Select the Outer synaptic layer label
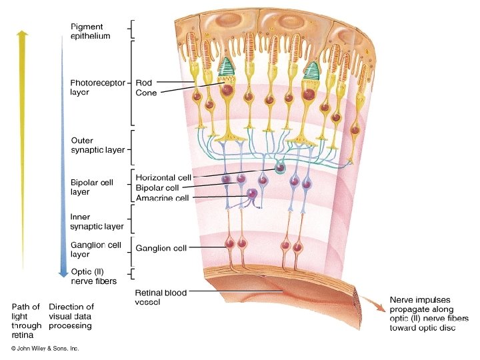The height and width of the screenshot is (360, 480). pyautogui.click(x=97, y=145)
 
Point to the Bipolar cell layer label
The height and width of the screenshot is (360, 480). pyautogui.click(x=89, y=187)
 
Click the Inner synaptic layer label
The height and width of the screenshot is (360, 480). pyautogui.click(x=97, y=221)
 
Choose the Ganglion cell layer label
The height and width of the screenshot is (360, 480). pyautogui.click(x=95, y=249)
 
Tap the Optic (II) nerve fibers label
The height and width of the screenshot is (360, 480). pyautogui.click(x=93, y=277)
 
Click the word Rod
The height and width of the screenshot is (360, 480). pyautogui.click(x=143, y=83)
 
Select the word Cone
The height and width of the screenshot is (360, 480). pyautogui.click(x=146, y=93)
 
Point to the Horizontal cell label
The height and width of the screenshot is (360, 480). pyautogui.click(x=163, y=177)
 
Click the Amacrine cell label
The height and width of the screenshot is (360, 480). pyautogui.click(x=162, y=198)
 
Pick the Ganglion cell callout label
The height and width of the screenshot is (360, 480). pyautogui.click(x=161, y=248)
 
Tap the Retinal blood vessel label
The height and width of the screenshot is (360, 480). pyautogui.click(x=161, y=297)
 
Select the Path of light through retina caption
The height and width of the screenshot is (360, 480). pyautogui.click(x=26, y=321)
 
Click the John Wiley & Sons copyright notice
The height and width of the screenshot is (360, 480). pyautogui.click(x=45, y=349)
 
